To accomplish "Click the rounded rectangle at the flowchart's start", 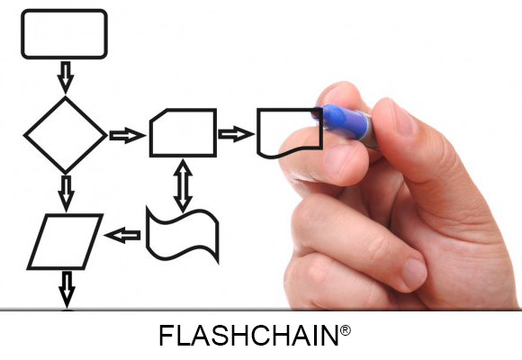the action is tap(64, 11).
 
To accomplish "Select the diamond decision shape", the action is tap(45, 116).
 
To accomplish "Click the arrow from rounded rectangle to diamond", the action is tap(66, 77).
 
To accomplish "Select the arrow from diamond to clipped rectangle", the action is tap(128, 136).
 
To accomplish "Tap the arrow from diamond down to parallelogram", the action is tap(66, 193).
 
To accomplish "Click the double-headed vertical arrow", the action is tap(183, 185).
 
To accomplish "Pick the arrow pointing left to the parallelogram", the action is tap(122, 235).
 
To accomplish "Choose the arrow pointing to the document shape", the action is tap(236, 134).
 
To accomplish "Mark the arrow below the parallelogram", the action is tap(67, 289).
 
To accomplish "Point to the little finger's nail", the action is tap(414, 274).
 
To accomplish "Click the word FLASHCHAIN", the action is tap(248, 336).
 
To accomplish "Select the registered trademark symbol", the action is tap(346, 330).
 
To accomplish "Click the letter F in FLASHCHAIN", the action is tap(167, 336).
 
